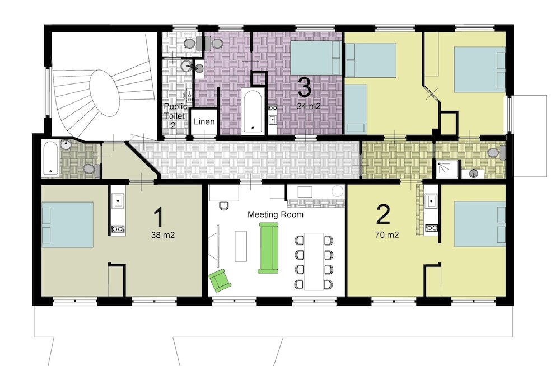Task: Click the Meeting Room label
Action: point(276,214)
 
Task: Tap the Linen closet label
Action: point(204,121)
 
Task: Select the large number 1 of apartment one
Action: point(158,217)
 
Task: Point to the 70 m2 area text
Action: point(387,235)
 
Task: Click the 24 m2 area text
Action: point(309,106)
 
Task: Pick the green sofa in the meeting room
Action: point(268,248)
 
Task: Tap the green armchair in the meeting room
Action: point(220,280)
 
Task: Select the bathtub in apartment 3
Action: point(253,111)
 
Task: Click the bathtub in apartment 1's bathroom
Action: point(50,158)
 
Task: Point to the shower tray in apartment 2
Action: point(447,168)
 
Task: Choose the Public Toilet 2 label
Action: point(175,116)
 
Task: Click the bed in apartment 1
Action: point(68,225)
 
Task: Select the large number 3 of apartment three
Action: point(304,87)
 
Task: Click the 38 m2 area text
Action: point(163,235)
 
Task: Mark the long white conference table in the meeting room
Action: point(314,261)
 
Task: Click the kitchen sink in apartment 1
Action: point(118,201)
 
